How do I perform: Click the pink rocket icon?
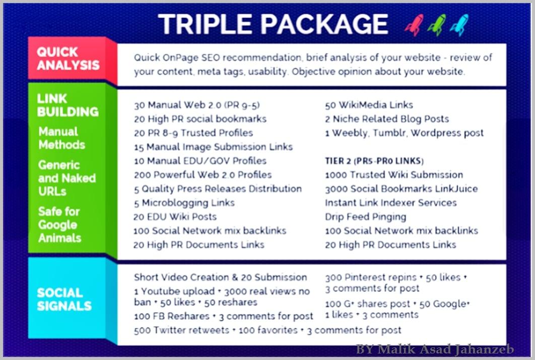[x=414, y=25]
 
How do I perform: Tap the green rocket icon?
[x=436, y=25]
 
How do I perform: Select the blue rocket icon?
[x=459, y=25]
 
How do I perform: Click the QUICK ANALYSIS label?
[x=68, y=58]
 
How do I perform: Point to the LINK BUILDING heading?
[x=68, y=105]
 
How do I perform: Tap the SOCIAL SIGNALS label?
[x=64, y=299]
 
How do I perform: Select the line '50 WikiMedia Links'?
[x=369, y=105]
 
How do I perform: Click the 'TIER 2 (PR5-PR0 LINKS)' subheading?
[x=374, y=161]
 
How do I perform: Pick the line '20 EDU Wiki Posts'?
[x=175, y=217]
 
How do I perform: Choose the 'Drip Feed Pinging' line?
[x=365, y=217]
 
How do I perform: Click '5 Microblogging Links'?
[x=184, y=203]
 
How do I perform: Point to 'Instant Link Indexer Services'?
[x=391, y=203]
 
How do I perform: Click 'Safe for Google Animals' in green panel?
[x=60, y=225]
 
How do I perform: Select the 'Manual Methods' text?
[x=61, y=138]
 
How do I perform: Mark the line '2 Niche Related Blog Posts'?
[x=387, y=119]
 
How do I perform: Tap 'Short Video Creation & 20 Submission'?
[x=220, y=277]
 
